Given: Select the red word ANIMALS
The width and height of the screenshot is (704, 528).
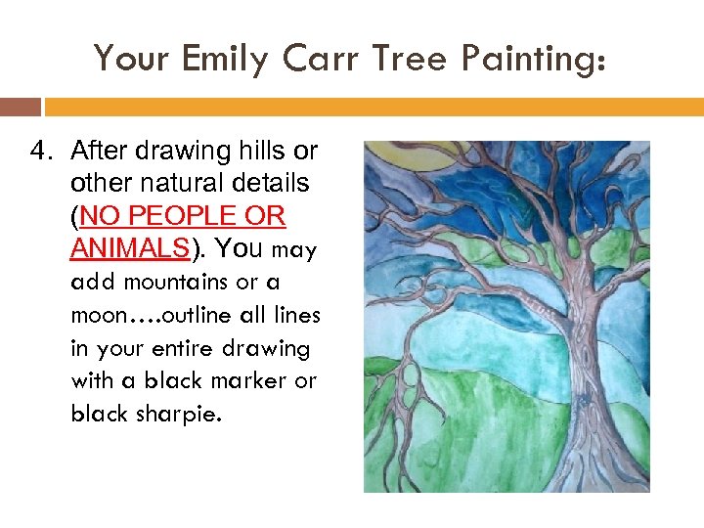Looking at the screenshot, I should [129, 248].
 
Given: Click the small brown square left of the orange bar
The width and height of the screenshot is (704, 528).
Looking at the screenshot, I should [21, 107].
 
